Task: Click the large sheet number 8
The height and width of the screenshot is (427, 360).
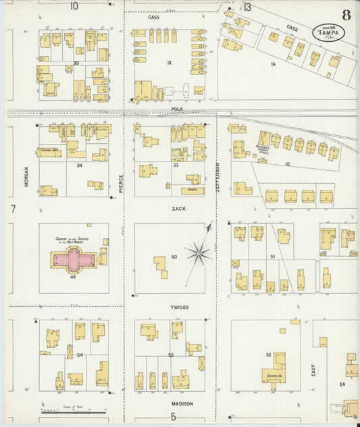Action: (346, 15)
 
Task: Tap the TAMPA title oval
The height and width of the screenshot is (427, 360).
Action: (328, 32)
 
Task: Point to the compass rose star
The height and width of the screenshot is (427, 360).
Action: (198, 253)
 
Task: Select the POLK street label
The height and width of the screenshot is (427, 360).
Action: (177, 108)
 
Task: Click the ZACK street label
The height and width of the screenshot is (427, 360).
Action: (178, 209)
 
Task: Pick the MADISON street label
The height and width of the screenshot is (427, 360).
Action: (181, 404)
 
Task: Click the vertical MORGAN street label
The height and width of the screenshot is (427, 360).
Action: (27, 176)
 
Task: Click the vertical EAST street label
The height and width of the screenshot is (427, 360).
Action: (313, 378)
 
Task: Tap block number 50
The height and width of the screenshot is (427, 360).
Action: (174, 257)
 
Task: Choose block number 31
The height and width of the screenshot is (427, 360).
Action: (170, 62)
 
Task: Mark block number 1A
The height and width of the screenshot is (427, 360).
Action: (274, 64)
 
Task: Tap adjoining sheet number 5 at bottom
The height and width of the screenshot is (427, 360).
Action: (173, 417)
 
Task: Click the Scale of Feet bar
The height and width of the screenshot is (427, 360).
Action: (73, 411)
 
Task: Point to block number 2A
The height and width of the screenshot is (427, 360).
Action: (342, 384)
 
